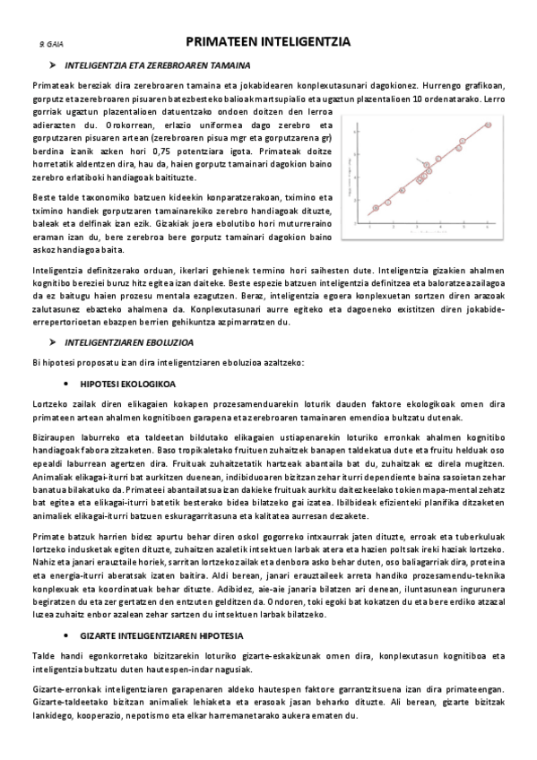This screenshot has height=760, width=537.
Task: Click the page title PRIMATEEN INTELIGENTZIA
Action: (268, 41)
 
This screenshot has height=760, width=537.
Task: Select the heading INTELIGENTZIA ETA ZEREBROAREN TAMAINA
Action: (164, 66)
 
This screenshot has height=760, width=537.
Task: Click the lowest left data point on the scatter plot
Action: (376, 208)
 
